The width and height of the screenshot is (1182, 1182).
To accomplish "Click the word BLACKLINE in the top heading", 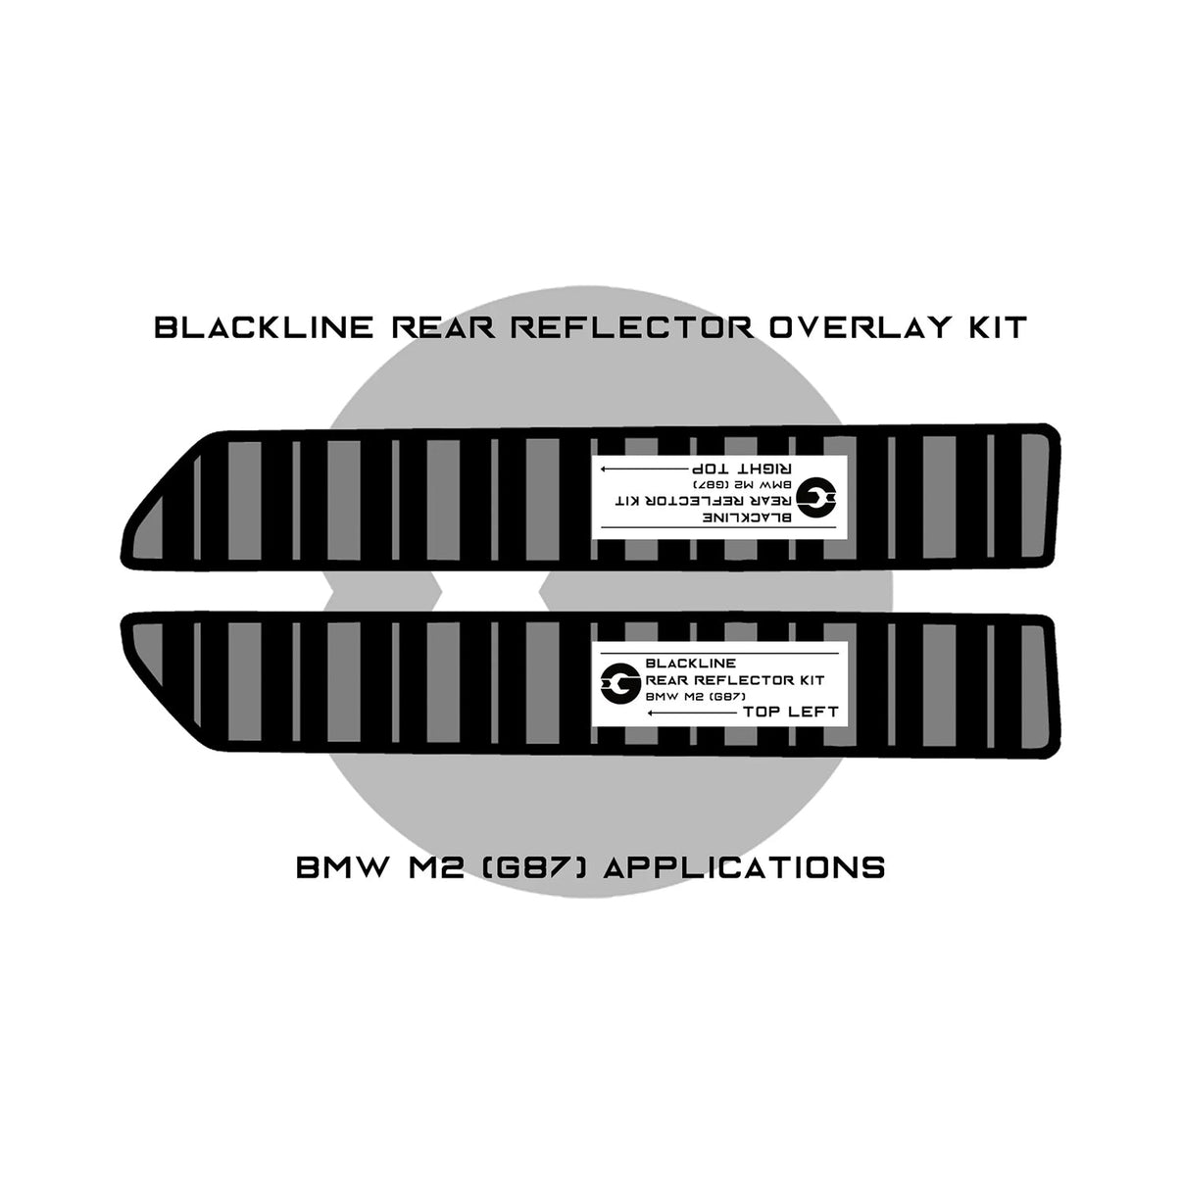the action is pos(264,327).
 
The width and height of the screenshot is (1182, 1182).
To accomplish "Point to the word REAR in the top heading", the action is pos(443,327).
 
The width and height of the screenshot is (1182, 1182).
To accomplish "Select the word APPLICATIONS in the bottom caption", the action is pos(744,867).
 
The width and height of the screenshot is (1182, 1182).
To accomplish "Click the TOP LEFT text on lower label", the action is pos(790,712).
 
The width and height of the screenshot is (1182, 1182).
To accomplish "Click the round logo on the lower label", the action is pos(620,683).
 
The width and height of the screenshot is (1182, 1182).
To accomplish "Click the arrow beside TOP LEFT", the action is pos(693,713).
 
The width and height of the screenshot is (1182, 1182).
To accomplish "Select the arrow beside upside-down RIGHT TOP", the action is pos(644,469).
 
